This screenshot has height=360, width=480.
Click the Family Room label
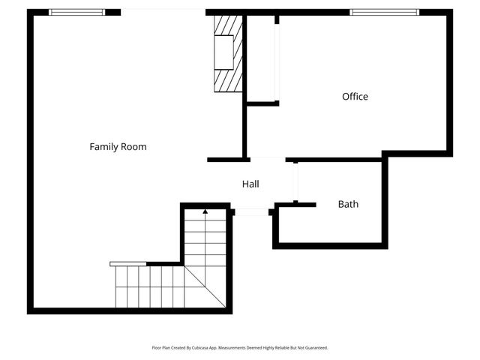[118, 147]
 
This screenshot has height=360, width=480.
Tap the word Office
[355, 97]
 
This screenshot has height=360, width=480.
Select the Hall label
[250, 184]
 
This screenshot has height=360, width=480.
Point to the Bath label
[348, 204]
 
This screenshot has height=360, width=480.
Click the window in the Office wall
[384, 12]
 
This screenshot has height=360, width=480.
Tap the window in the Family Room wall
[76, 12]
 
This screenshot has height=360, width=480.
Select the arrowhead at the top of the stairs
[205, 212]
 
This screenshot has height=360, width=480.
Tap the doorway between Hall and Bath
[295, 181]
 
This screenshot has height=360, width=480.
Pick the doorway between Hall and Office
[267, 159]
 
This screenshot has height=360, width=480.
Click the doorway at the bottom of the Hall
[253, 212]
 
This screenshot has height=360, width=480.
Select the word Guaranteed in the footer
[314, 348]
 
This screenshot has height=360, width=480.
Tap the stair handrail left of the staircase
[128, 264]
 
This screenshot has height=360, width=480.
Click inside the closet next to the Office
[261, 60]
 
